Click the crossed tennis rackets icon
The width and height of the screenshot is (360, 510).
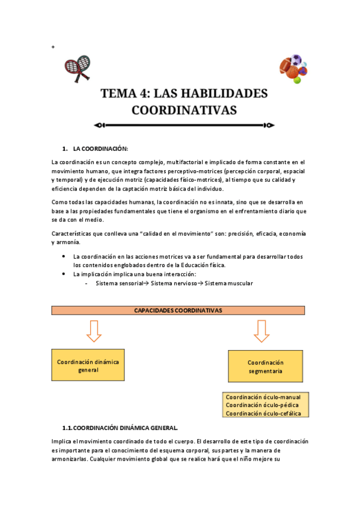pos(76,69)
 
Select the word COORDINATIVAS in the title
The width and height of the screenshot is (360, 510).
pos(184,110)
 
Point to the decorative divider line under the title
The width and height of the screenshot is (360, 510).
pos(185,126)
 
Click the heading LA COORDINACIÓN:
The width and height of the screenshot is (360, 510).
pos(100,148)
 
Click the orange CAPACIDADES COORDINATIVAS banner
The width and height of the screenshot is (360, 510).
pos(178,310)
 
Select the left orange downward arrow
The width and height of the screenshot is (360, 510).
pos(93,330)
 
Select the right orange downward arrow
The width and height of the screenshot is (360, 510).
pos(261,330)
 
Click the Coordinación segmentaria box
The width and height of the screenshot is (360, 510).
pos(265,367)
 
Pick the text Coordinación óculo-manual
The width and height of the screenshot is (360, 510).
pos(263,397)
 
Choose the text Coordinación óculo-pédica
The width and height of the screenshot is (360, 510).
pos(262,405)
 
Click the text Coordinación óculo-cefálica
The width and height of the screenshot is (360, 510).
pos(263,413)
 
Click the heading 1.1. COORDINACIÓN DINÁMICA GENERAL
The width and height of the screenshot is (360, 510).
pos(120,428)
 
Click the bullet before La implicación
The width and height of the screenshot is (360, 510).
pos(64,274)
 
